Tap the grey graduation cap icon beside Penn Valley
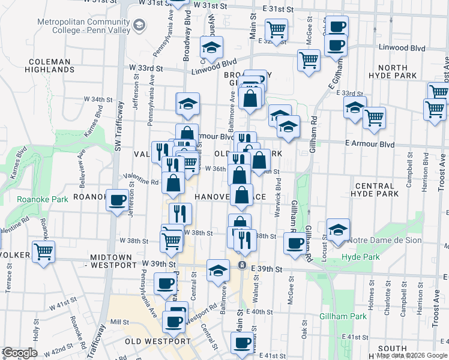pos(140,25)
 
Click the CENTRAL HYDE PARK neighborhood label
pos(385,190)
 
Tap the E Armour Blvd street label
pos(369,145)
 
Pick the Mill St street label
pos(120,322)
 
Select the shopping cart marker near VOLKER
pos(43,252)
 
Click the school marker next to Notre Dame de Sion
pos(338,230)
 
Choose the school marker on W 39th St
pos(218,270)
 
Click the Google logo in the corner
pos(20,353)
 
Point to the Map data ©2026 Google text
pos(412,355)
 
